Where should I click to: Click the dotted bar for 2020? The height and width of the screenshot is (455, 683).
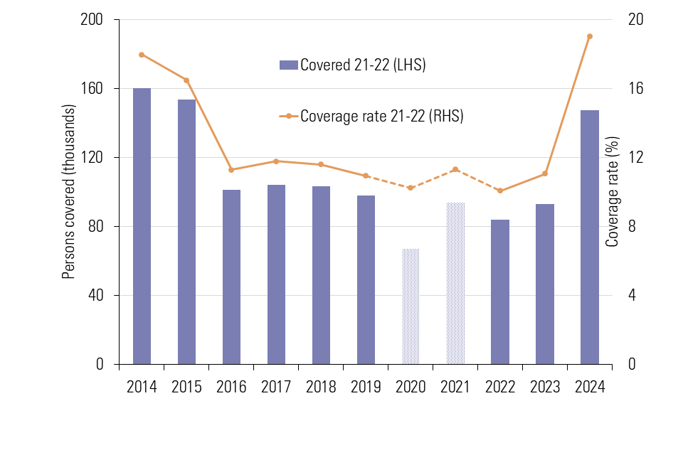click(x=411, y=306)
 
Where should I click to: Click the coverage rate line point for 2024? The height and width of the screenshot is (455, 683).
click(x=590, y=36)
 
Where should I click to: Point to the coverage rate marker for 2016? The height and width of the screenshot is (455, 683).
click(x=231, y=170)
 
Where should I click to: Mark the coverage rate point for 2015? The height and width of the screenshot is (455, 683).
click(x=186, y=80)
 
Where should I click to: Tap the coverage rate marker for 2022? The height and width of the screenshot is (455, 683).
click(x=500, y=191)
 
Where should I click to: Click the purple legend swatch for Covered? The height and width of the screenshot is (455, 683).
click(x=288, y=65)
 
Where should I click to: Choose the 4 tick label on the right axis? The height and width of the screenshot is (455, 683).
click(x=632, y=295)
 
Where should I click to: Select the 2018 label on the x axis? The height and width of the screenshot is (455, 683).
click(x=321, y=387)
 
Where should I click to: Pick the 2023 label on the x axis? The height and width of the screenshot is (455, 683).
click(x=545, y=387)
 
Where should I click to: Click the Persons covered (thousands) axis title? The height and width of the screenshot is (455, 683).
click(x=68, y=192)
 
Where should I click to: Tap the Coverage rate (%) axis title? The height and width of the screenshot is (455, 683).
click(x=613, y=192)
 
